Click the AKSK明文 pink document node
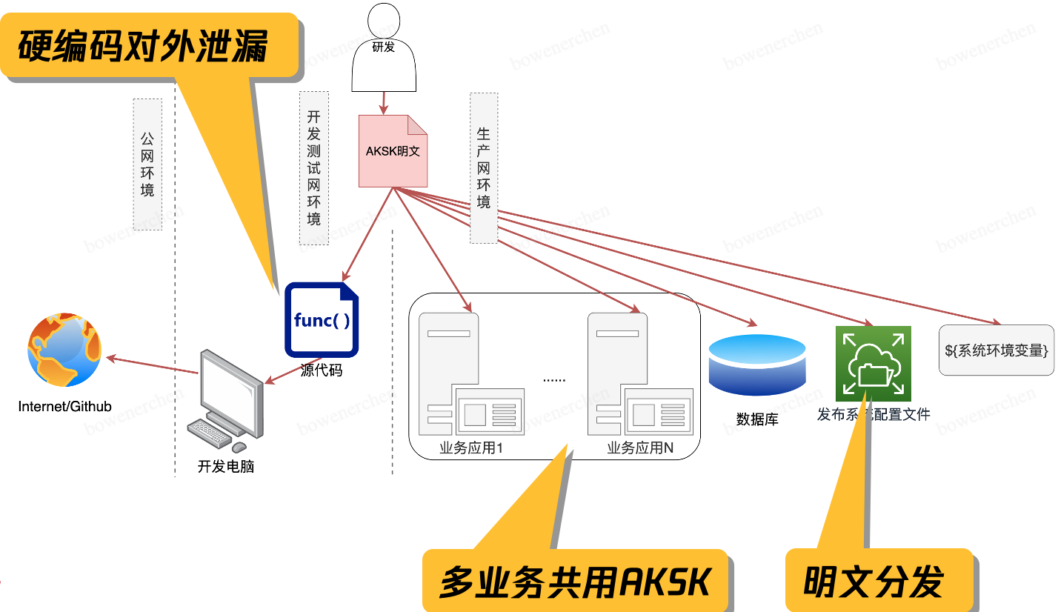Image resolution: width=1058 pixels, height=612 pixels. (x=393, y=150)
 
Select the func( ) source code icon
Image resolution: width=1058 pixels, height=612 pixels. (x=322, y=320)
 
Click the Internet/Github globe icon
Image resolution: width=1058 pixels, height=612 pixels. (x=64, y=350)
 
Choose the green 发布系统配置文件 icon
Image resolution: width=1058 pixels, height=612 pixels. (x=873, y=364)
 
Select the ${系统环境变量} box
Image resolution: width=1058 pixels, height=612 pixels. (x=997, y=350)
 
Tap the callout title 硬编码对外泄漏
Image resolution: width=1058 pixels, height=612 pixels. (x=142, y=46)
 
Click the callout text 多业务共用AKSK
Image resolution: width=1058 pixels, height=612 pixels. (x=575, y=582)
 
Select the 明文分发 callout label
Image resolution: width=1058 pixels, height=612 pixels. (x=874, y=582)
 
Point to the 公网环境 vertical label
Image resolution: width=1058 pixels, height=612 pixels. (x=147, y=164)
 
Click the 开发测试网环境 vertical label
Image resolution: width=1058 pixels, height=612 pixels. (x=313, y=168)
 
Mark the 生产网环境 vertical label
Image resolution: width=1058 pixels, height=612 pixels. (x=483, y=167)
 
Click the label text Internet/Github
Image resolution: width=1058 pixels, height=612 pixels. (x=64, y=407)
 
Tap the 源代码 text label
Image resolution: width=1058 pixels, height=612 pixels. (x=322, y=370)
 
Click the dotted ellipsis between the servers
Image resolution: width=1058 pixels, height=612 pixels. (x=554, y=379)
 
